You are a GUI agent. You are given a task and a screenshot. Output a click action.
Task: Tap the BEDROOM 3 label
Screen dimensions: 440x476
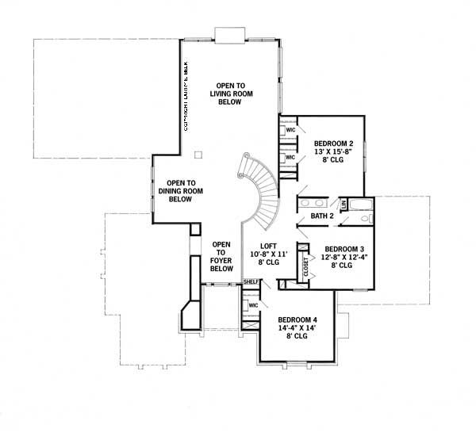[x=345, y=247]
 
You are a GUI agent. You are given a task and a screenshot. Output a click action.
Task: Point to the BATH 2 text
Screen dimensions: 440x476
[x=322, y=216]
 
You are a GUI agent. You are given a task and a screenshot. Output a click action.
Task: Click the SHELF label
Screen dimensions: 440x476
[x=251, y=282]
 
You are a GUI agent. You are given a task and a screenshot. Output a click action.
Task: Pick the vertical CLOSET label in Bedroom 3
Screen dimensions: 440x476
[x=305, y=265]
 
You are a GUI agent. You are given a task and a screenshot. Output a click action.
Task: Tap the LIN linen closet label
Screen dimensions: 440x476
[x=344, y=205]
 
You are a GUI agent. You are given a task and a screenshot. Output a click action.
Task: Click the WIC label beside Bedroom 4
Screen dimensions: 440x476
[x=253, y=304]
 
